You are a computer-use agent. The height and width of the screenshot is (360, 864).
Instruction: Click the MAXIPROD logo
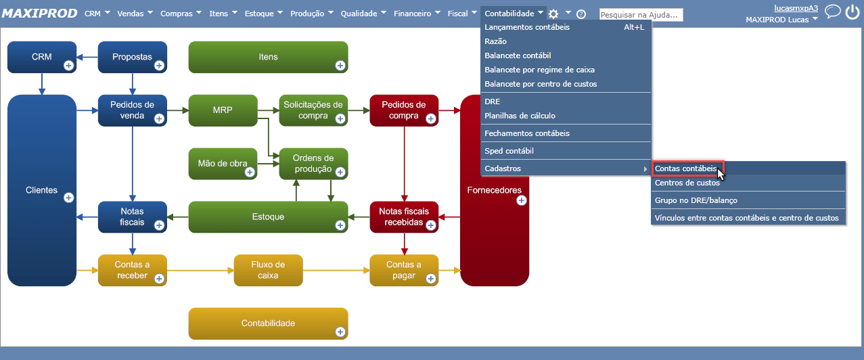40,14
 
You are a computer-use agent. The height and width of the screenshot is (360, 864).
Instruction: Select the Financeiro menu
417,14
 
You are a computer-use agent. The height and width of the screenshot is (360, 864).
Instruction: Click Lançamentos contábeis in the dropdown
527,27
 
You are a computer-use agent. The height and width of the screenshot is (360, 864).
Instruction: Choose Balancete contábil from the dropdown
518,55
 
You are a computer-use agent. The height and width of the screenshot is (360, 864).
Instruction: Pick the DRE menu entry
493,102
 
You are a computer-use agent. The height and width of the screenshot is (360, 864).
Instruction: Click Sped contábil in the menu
509,151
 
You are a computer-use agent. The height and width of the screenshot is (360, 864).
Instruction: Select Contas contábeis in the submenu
685,168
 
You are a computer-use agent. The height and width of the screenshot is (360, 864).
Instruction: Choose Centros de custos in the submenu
687,183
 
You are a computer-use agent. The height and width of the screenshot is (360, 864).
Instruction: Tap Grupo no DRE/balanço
696,200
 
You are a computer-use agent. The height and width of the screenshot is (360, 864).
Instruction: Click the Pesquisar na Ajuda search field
641,14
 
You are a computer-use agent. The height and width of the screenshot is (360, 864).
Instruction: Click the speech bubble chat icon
833,12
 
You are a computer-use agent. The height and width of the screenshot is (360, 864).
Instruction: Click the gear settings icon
553,14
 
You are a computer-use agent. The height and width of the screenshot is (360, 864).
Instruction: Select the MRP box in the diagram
223,110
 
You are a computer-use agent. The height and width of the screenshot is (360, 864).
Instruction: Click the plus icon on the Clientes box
68,198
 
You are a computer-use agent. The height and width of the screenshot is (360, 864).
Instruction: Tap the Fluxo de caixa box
268,270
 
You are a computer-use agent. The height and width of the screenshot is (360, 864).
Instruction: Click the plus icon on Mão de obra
250,172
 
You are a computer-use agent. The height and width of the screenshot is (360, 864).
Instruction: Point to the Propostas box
133,57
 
